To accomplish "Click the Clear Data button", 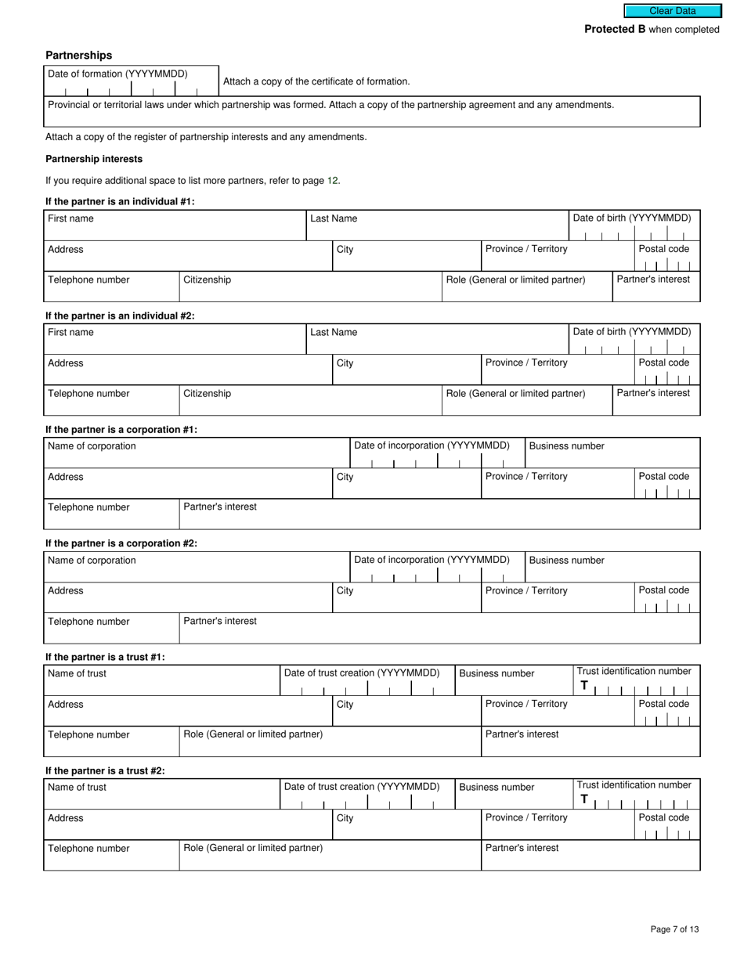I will tap(672, 11).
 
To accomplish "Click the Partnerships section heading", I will tap(78, 56).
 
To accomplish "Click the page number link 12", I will tap(333, 181).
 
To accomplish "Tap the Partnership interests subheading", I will tap(94, 159).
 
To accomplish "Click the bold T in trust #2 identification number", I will tap(583, 799).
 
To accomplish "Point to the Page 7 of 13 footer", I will tap(674, 929).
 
